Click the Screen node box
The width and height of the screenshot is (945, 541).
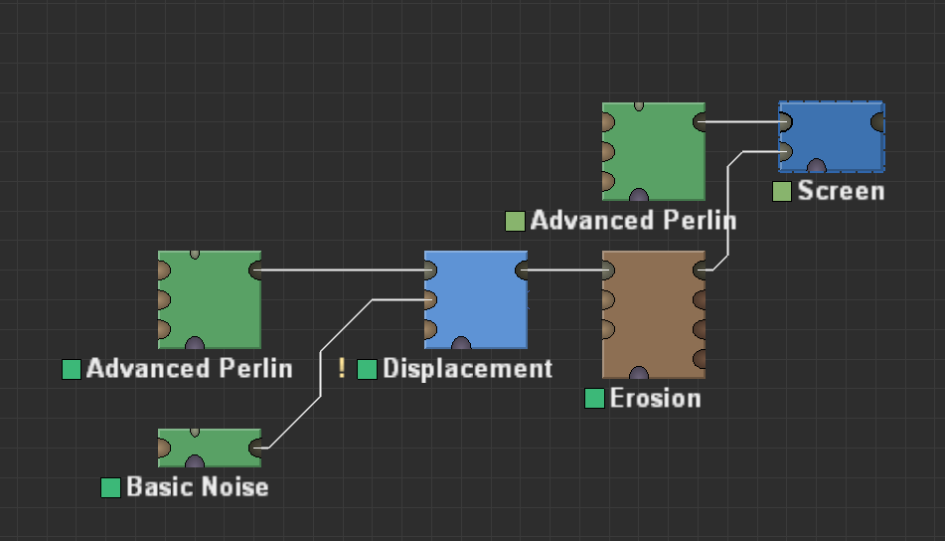831,136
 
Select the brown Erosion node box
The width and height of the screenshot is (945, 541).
653,313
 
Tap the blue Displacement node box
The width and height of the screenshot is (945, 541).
475,298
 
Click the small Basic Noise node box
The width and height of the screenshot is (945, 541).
209,447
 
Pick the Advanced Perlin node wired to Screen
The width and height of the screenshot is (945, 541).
653,150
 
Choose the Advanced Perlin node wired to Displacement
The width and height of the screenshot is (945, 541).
209,298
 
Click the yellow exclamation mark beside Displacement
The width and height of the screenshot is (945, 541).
342,369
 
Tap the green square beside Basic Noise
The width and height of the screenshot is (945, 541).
110,487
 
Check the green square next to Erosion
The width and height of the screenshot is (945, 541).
594,399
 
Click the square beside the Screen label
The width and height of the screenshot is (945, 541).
782,191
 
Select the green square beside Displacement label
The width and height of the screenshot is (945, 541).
367,369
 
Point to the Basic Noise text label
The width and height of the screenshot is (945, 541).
197,487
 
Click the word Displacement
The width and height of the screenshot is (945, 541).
467,369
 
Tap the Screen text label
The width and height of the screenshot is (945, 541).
840,191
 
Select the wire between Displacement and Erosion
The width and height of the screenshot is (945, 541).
564,270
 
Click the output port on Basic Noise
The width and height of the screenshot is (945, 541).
256,449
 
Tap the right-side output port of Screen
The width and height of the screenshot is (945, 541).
878,121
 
